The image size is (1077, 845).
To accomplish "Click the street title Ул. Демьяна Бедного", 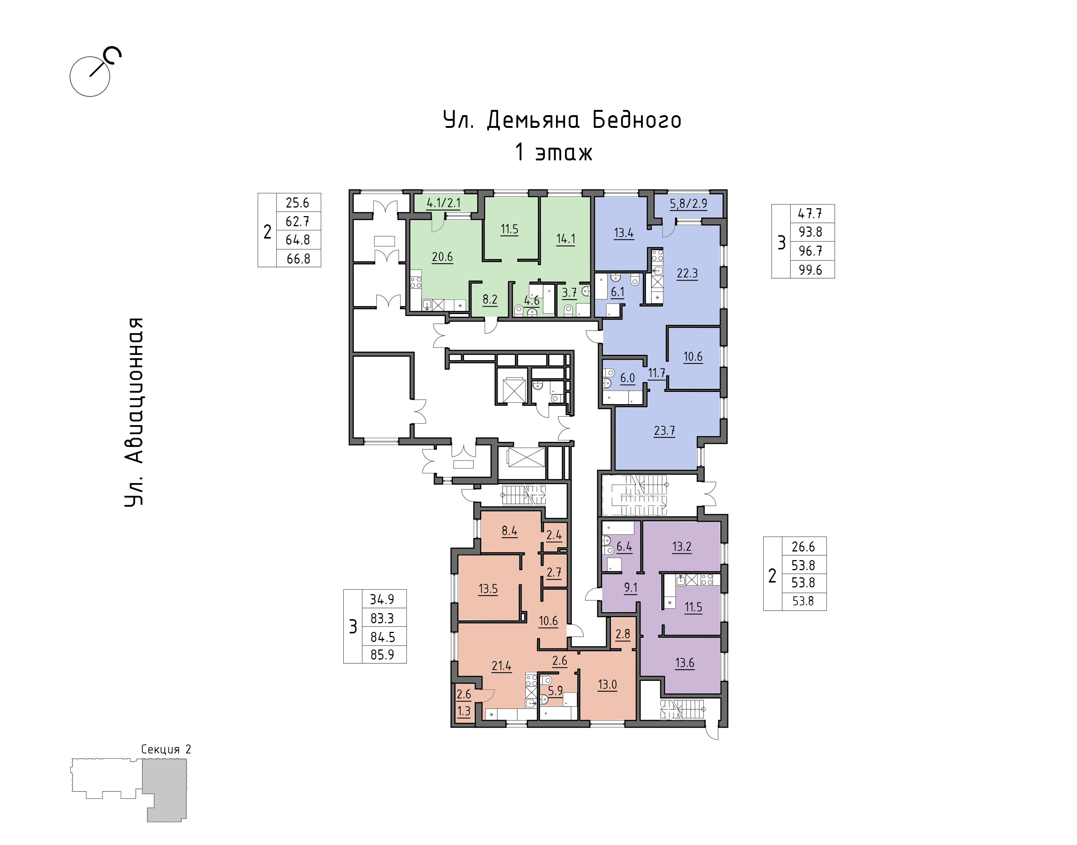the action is pyautogui.click(x=562, y=120).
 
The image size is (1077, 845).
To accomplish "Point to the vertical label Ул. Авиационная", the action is pyautogui.click(x=134, y=412).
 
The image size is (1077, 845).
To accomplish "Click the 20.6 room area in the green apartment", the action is pyautogui.click(x=442, y=257).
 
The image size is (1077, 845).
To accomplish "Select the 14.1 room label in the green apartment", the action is pyautogui.click(x=565, y=239).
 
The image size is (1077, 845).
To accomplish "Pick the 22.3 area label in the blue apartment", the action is pyautogui.click(x=687, y=273).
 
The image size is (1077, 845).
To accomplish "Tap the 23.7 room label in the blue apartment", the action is pyautogui.click(x=665, y=430).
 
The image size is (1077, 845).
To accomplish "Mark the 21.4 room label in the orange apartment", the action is pyautogui.click(x=501, y=666).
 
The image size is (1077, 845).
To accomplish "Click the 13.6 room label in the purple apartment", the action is pyautogui.click(x=685, y=663).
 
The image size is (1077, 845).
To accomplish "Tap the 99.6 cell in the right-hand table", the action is pyautogui.click(x=810, y=270).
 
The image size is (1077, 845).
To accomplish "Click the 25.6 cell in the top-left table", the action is pyautogui.click(x=297, y=202).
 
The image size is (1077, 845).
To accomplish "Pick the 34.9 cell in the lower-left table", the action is pyautogui.click(x=382, y=599).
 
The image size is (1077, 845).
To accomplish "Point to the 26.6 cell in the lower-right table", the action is pyautogui.click(x=803, y=547).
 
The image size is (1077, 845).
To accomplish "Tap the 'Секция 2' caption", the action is pyautogui.click(x=166, y=750).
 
